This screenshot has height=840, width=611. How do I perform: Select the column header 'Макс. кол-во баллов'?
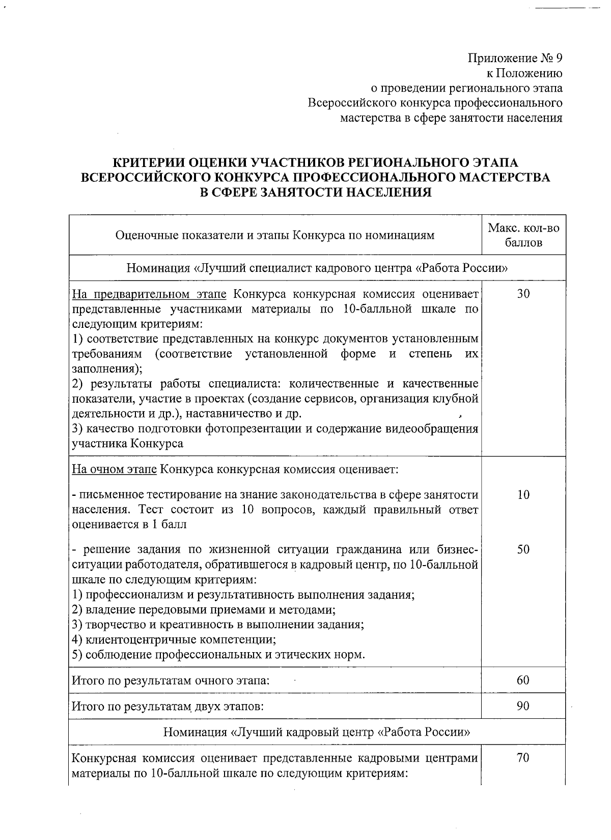(x=523, y=235)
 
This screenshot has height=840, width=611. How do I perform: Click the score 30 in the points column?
(x=523, y=294)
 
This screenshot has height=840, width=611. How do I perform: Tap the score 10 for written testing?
(x=523, y=494)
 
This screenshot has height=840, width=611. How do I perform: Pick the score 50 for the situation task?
(x=523, y=549)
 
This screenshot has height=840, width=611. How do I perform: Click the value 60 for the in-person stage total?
(x=523, y=680)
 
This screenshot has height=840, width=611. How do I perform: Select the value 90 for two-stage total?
(x=523, y=706)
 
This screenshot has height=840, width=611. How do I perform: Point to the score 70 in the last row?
(x=523, y=758)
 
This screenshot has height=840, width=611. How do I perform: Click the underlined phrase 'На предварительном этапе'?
(x=151, y=294)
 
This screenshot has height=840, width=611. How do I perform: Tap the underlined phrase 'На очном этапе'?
(x=114, y=469)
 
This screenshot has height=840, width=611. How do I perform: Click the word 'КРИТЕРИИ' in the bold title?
(x=147, y=163)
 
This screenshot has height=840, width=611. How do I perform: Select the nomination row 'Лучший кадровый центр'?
(x=317, y=732)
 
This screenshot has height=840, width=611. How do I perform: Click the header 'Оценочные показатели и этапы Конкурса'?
(x=275, y=235)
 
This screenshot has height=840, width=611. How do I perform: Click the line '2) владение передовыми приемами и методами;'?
(x=203, y=609)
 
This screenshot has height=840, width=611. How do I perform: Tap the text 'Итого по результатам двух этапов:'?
(x=168, y=706)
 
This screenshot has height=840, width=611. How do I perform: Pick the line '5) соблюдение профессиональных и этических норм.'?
(x=218, y=654)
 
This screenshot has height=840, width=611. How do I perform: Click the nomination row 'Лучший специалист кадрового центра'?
(x=317, y=268)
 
